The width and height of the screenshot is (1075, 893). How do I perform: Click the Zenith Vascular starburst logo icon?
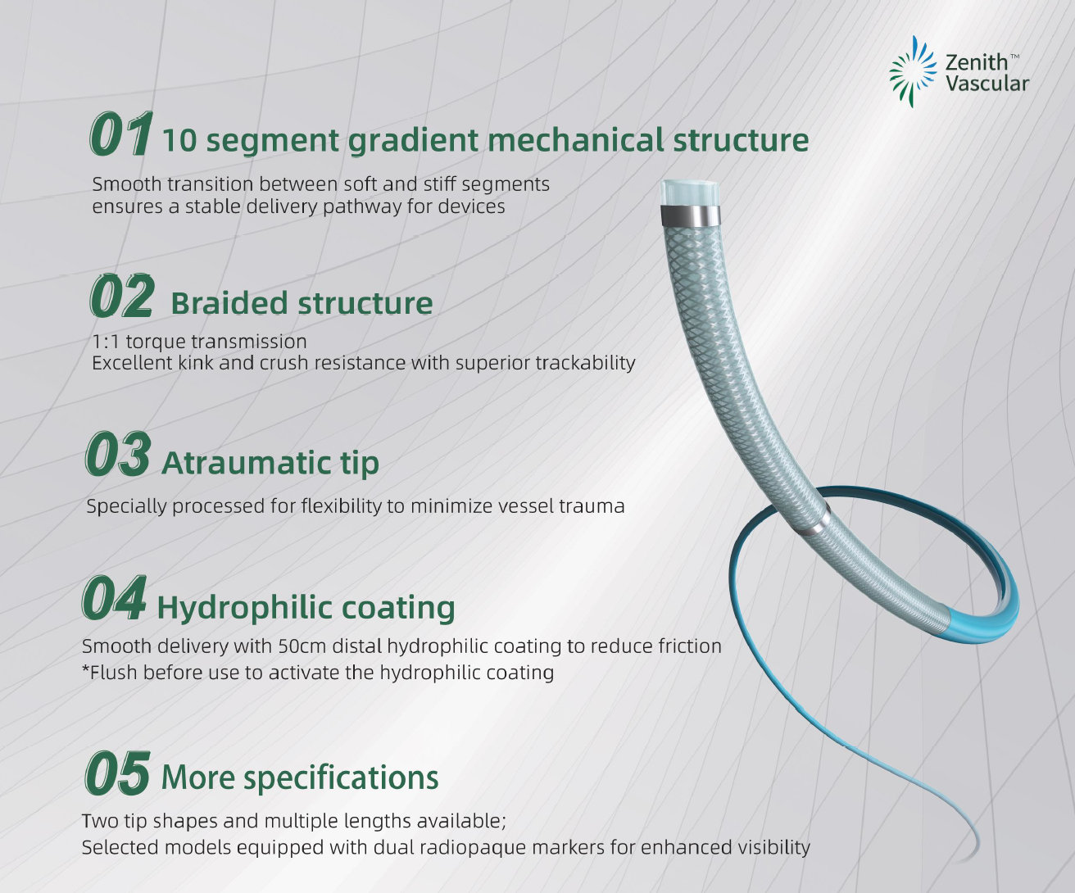(x=913, y=71)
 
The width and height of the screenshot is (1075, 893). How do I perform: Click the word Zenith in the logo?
(x=976, y=63)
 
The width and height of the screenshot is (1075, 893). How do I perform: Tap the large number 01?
(x=121, y=134)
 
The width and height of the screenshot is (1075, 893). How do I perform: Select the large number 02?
(x=122, y=296)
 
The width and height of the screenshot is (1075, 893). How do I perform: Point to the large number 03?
(x=118, y=454)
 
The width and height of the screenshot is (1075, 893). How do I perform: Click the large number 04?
(x=114, y=598)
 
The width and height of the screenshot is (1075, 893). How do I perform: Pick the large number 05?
(x=117, y=773)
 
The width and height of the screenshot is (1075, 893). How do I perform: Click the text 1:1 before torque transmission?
(x=106, y=342)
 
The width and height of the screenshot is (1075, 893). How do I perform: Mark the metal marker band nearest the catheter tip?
(x=690, y=215)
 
